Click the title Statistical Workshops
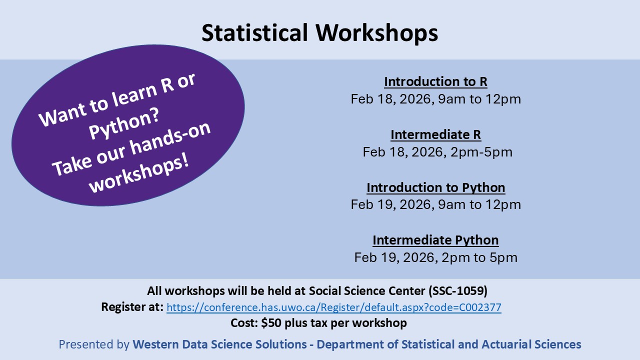click(x=319, y=33)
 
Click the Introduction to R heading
click(x=435, y=81)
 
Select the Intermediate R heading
click(x=435, y=135)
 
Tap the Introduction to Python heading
click(x=435, y=187)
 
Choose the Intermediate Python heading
click(x=435, y=240)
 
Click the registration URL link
click(x=333, y=307)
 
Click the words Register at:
click(x=132, y=307)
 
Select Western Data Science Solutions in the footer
click(x=219, y=344)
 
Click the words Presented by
click(x=94, y=344)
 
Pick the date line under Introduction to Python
click(x=435, y=204)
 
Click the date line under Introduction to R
click(x=435, y=99)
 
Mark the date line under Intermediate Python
click(x=435, y=257)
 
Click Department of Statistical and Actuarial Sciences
click(x=449, y=344)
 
